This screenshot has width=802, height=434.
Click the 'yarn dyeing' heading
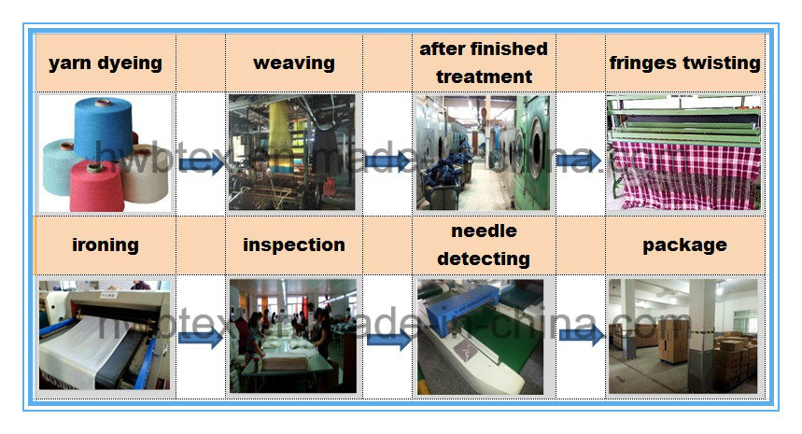106,63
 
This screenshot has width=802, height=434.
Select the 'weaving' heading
294,63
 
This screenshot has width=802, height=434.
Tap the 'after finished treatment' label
484,63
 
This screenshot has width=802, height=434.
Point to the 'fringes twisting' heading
685,63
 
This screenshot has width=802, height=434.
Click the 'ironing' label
106,245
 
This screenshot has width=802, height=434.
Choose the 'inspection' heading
294,245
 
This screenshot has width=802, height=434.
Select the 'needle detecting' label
484,245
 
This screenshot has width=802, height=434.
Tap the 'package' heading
685,245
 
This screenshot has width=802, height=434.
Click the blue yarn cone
104,128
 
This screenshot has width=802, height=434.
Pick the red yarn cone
97,185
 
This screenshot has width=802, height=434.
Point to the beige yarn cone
145,174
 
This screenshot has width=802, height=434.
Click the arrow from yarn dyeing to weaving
202,163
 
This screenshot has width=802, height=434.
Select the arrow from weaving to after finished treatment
387,161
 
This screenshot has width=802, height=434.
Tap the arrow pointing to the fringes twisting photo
579,161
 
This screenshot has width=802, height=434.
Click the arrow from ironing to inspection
201,337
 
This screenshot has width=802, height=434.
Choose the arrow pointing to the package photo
582,335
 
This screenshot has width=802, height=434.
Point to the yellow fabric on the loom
279,134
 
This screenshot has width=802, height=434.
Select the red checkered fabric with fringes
685,174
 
